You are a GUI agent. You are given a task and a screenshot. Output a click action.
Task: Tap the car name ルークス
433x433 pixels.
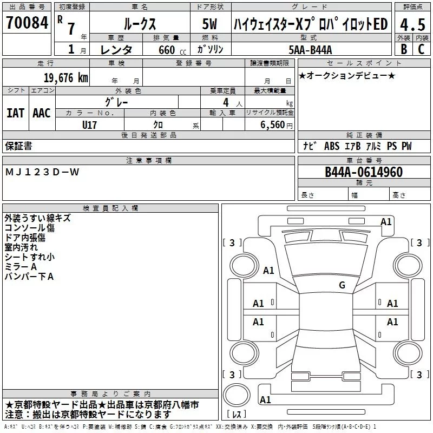139,24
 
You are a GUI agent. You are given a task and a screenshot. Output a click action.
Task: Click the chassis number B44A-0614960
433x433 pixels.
364,173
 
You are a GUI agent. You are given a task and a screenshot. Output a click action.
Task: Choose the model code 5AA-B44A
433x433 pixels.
310,50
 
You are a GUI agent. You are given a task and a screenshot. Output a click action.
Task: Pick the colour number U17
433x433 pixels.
90,124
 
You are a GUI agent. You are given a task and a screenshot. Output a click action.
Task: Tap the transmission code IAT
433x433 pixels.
15,113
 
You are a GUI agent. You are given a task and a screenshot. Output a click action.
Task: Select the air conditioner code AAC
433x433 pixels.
42,113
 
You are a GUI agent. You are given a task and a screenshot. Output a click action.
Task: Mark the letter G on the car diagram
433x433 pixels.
342,285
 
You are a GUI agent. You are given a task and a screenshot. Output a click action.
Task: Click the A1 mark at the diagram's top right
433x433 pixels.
386,221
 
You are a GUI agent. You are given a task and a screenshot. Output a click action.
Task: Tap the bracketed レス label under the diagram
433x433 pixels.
236,415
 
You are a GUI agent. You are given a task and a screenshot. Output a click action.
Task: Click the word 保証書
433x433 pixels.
18,146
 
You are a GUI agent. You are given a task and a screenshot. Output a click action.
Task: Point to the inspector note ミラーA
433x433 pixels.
21,267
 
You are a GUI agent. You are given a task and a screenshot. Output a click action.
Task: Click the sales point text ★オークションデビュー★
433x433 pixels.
347,75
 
